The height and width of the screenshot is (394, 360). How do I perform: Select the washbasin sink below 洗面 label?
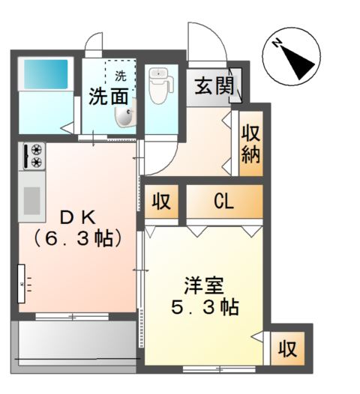(x=124, y=115)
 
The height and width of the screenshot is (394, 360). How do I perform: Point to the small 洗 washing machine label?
(x=120, y=75)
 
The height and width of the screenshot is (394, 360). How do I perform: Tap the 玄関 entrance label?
(x=214, y=86)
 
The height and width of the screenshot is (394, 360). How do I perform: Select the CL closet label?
(x=223, y=201)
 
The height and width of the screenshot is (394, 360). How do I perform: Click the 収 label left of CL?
(x=160, y=201)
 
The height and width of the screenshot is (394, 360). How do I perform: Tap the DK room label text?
(x=76, y=218)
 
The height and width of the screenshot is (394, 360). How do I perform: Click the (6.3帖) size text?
(x=77, y=240)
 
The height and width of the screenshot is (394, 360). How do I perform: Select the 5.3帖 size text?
(x=204, y=307)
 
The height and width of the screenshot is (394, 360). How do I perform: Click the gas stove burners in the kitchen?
(x=34, y=156)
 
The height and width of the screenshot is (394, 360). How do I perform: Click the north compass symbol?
(x=292, y=58)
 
